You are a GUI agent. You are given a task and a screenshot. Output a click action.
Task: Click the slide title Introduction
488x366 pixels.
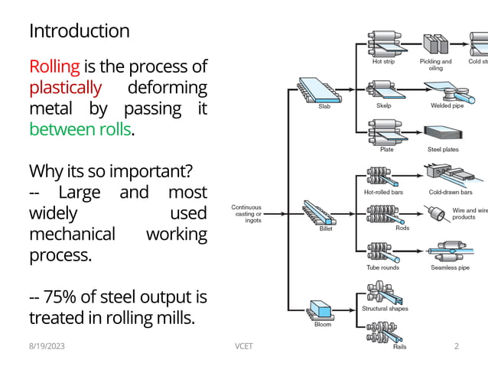pyautogui.click(x=79, y=31)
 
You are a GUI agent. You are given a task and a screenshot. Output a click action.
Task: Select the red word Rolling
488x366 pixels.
pyautogui.click(x=54, y=67)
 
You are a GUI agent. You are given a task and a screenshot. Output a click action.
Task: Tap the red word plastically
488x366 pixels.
pyautogui.click(x=65, y=88)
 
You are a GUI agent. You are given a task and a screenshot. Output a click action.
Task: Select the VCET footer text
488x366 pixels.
pyautogui.click(x=243, y=346)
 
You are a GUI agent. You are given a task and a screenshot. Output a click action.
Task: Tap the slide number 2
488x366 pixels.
pyautogui.click(x=457, y=346)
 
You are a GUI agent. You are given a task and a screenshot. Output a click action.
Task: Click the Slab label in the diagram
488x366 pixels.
pyautogui.click(x=325, y=106)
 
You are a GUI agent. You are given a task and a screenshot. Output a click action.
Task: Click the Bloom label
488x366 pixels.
pyautogui.click(x=324, y=324)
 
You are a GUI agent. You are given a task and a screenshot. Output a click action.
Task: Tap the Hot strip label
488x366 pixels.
pyautogui.click(x=384, y=62)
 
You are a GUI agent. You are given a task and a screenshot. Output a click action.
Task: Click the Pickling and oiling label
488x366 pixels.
pyautogui.click(x=435, y=65)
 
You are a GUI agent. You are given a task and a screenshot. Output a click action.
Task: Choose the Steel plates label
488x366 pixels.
pyautogui.click(x=443, y=150)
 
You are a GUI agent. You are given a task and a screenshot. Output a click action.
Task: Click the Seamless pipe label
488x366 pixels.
pyautogui.click(x=450, y=267)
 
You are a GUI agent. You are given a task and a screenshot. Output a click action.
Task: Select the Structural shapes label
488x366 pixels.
pyautogui.click(x=385, y=309)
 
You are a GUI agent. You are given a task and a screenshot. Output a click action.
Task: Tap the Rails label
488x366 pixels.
pyautogui.click(x=399, y=346)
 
